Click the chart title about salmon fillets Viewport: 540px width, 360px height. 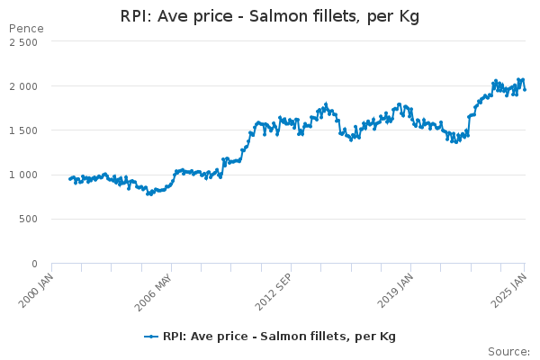coord(270,16)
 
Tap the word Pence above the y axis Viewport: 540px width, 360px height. coord(25,29)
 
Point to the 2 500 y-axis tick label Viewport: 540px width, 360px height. coord(23,42)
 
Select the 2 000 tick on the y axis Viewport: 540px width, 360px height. coord(23,86)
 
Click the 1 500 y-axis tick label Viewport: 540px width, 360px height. coord(23,130)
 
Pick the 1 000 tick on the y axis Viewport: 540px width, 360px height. coord(23,175)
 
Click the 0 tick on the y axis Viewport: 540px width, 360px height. coord(35,263)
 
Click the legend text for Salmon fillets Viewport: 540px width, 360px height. coord(279,337)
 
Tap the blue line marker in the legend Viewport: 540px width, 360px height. coord(151,337)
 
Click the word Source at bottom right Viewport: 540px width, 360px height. coord(508,352)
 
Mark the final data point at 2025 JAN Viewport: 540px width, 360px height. coord(525,88)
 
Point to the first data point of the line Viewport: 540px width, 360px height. coord(69,179)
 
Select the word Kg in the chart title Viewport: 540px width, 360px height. coord(408,17)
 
